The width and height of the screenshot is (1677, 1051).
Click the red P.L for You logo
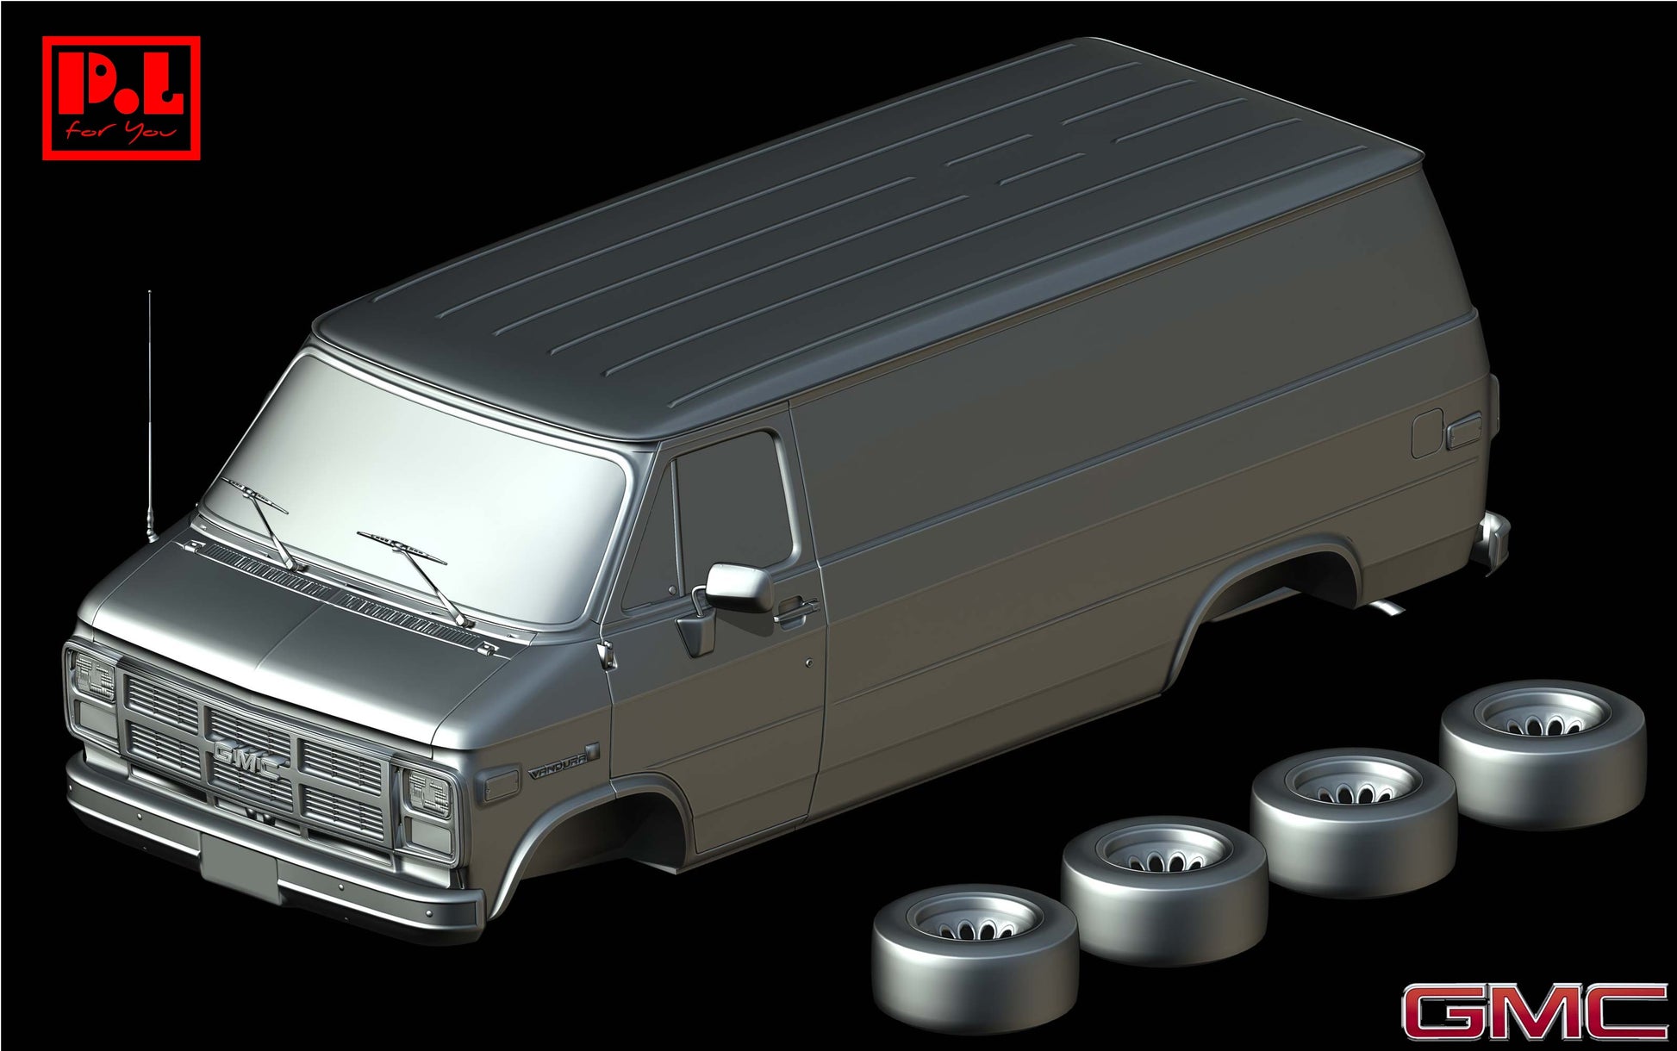[x=122, y=97]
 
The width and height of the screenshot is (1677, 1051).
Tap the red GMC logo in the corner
[x=1534, y=1012]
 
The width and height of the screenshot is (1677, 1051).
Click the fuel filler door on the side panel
[x=1427, y=434]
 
